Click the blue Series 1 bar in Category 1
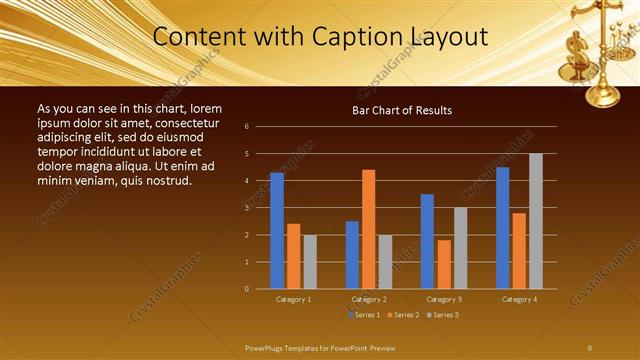[277, 231]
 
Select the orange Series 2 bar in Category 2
[368, 229]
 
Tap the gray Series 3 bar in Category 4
[536, 221]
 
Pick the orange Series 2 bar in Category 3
[444, 264]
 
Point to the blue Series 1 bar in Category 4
[502, 228]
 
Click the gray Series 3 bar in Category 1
[310, 262]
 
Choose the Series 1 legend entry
[365, 315]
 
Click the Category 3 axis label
[444, 299]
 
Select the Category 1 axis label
[293, 299]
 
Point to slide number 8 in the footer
[589, 347]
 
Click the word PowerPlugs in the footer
[266, 347]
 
